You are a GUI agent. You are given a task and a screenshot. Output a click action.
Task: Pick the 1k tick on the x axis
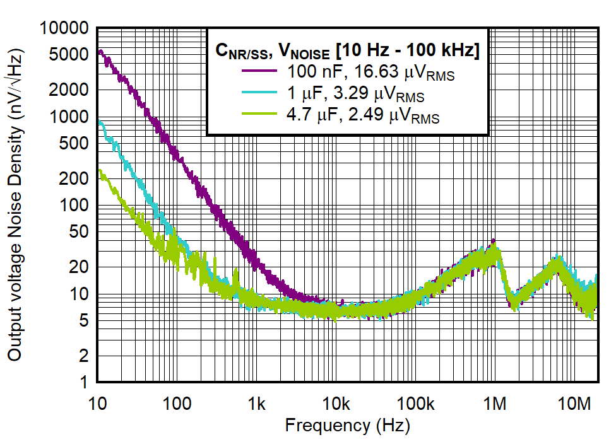pyautogui.click(x=256, y=402)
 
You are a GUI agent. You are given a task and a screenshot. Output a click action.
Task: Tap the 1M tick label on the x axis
pyautogui.click(x=495, y=402)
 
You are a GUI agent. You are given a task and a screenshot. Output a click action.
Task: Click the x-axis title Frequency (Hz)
pyautogui.click(x=347, y=425)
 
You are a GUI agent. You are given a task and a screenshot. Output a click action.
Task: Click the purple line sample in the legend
pyautogui.click(x=259, y=71)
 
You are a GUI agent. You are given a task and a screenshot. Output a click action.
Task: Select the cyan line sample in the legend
pyautogui.click(x=259, y=93)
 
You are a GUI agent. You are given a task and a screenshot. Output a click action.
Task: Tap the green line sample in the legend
pyautogui.click(x=259, y=115)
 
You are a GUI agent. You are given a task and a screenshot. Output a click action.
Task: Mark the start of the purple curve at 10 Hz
pyautogui.click(x=99, y=52)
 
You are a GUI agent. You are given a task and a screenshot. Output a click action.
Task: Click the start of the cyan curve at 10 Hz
pyautogui.click(x=99, y=122)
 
